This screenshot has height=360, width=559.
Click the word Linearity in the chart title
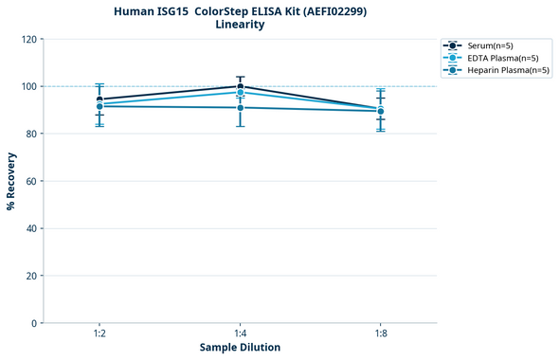240,25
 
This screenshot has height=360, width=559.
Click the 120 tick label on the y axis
28,39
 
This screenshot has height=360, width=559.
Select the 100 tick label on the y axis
28,86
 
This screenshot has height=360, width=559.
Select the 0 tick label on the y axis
34,323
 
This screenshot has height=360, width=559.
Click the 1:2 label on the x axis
99,333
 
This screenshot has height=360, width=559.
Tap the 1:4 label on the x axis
240,333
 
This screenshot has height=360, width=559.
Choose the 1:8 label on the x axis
380,333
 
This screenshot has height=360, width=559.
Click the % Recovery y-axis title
11,181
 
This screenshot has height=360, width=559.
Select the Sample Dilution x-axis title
240,348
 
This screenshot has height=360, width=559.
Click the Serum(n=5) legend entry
491,45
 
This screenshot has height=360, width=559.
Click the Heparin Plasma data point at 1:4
240,108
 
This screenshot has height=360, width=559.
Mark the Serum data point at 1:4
240,86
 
